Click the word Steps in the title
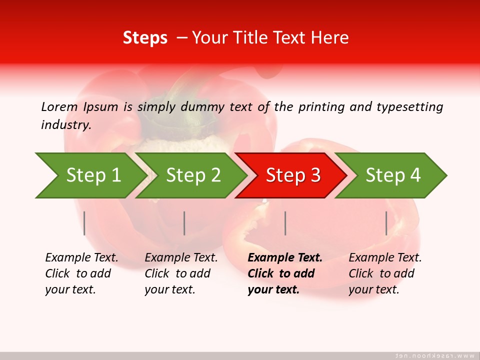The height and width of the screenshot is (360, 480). pyautogui.click(x=145, y=38)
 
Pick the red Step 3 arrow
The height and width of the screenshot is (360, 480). pyautogui.click(x=292, y=175)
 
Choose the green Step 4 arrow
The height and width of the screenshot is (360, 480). pyautogui.click(x=392, y=175)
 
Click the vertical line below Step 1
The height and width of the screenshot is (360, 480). pyautogui.click(x=84, y=223)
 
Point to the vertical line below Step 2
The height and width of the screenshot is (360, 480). pyautogui.click(x=184, y=223)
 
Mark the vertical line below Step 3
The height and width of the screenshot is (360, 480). pyautogui.click(x=285, y=223)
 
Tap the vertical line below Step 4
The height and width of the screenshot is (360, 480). pyautogui.click(x=386, y=223)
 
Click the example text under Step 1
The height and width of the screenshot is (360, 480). pyautogui.click(x=81, y=273)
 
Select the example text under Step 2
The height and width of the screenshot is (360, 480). pyautogui.click(x=181, y=273)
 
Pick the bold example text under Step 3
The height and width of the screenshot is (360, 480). pyautogui.click(x=284, y=273)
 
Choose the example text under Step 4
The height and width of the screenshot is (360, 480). pyautogui.click(x=385, y=273)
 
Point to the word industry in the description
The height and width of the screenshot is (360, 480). pyautogui.click(x=66, y=125)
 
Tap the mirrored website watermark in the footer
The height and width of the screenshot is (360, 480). pyautogui.click(x=434, y=355)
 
